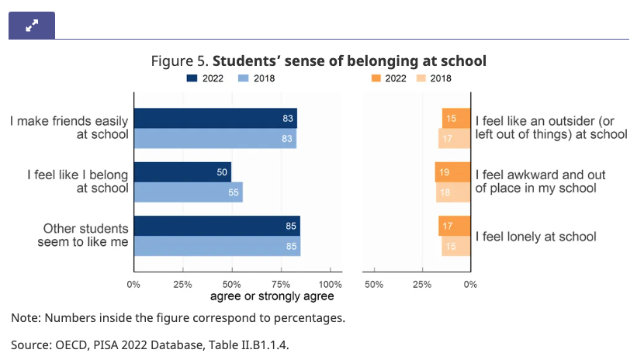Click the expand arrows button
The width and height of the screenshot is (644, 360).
(32, 26)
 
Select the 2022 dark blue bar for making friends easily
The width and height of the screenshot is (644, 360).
(215, 118)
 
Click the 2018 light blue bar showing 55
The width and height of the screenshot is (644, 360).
(188, 192)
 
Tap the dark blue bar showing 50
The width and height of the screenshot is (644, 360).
(182, 171)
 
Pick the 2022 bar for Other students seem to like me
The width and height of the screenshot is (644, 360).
(216, 226)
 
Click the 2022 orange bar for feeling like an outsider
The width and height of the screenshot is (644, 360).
(456, 118)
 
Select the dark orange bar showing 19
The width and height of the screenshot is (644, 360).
(453, 171)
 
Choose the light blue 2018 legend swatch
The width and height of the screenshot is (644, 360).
(244, 78)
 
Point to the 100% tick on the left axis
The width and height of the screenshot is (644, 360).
(331, 283)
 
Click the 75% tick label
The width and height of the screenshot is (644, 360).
(281, 283)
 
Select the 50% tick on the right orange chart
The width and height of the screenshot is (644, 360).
(374, 283)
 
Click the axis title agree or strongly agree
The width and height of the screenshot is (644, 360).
(272, 296)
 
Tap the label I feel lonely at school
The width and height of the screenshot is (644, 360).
(535, 237)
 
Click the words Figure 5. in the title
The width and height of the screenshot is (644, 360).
(182, 61)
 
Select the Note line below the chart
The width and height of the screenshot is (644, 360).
(178, 318)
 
